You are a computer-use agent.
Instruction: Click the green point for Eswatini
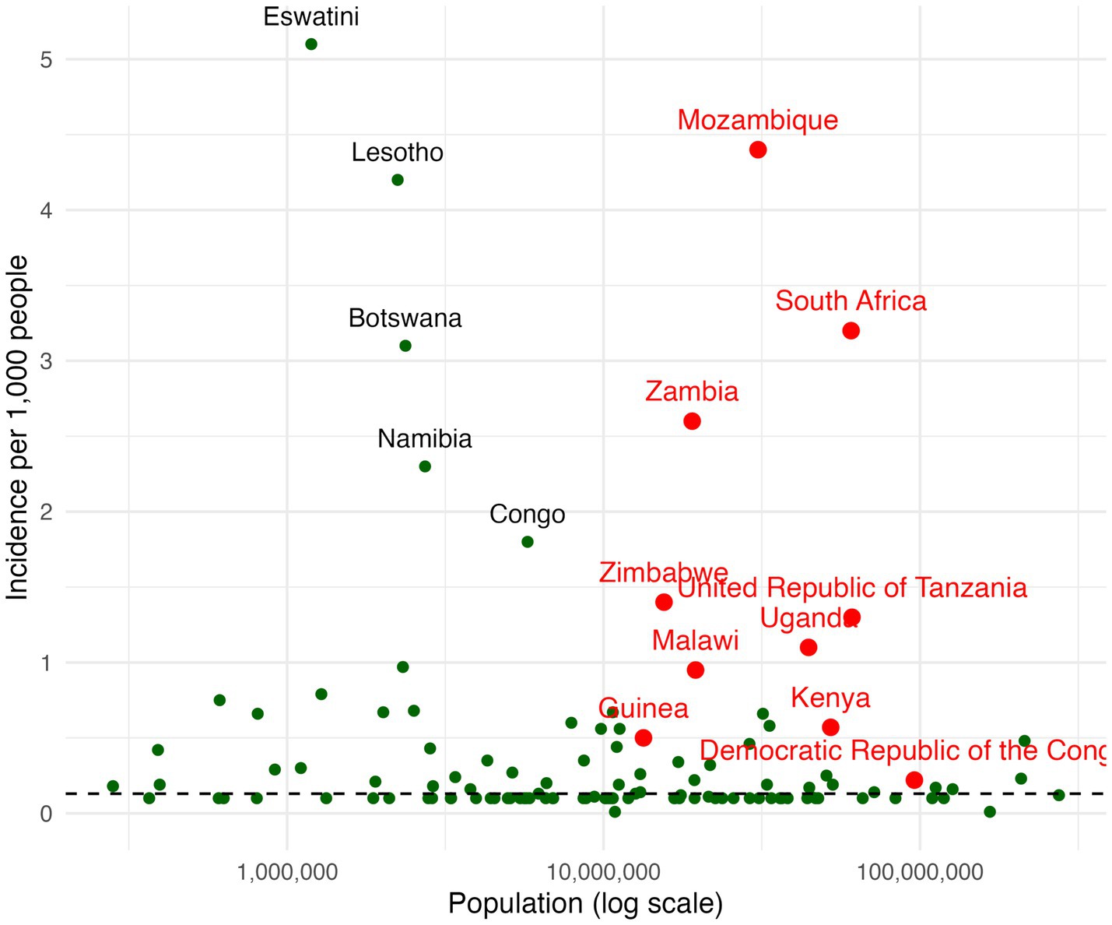tap(311, 44)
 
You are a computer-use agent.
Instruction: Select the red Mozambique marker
tap(758, 149)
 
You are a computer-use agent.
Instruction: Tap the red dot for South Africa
tap(851, 331)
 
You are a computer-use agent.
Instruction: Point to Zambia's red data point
tap(692, 421)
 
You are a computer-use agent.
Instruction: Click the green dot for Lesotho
tap(398, 180)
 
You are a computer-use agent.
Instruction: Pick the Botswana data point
tap(405, 346)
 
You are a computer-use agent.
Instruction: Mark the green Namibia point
tap(425, 466)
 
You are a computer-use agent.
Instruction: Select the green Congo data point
tap(528, 542)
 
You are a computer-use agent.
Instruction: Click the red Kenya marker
tap(830, 727)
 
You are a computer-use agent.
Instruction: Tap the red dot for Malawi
tap(696, 670)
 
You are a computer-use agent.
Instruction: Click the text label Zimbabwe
tap(663, 572)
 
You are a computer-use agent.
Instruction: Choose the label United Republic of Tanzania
tap(852, 588)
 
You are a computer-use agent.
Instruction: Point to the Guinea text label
tap(644, 709)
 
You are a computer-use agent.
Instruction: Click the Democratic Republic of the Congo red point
tap(914, 780)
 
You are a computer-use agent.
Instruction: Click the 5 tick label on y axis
tap(46, 60)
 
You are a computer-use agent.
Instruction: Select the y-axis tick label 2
tap(46, 512)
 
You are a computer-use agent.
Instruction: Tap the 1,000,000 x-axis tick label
tap(288, 872)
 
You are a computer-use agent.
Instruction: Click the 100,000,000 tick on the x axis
tap(920, 872)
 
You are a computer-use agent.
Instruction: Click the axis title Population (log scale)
tap(585, 904)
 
